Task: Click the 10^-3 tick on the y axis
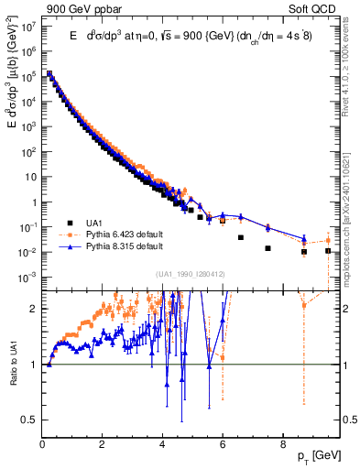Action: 28,277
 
